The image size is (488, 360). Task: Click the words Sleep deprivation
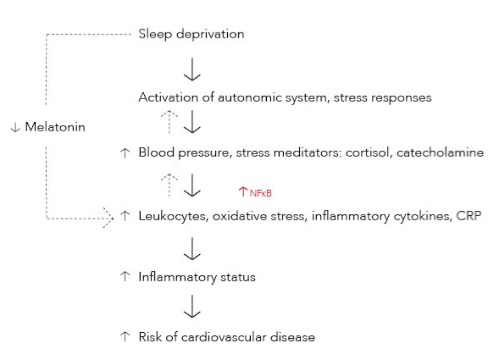[191, 34]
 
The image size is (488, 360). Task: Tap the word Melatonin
[55, 127]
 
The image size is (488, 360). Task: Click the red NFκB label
[260, 193]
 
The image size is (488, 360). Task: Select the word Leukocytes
[173, 216]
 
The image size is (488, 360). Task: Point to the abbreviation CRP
[469, 216]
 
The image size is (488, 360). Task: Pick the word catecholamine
[440, 152]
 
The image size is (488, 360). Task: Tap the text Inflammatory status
[197, 277]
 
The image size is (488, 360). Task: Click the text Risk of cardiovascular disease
[226, 337]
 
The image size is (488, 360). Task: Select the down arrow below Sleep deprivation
[192, 69]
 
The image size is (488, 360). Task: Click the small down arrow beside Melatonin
[15, 127]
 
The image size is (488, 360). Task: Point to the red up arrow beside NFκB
[243, 191]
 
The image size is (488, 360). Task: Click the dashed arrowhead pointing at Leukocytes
[108, 218]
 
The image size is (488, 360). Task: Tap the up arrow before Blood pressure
[125, 152]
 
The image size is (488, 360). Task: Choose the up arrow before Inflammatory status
[125, 276]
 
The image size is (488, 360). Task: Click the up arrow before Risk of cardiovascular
[125, 336]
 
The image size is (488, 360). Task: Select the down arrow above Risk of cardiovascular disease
[192, 307]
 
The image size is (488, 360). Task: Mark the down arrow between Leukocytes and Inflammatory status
[192, 248]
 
